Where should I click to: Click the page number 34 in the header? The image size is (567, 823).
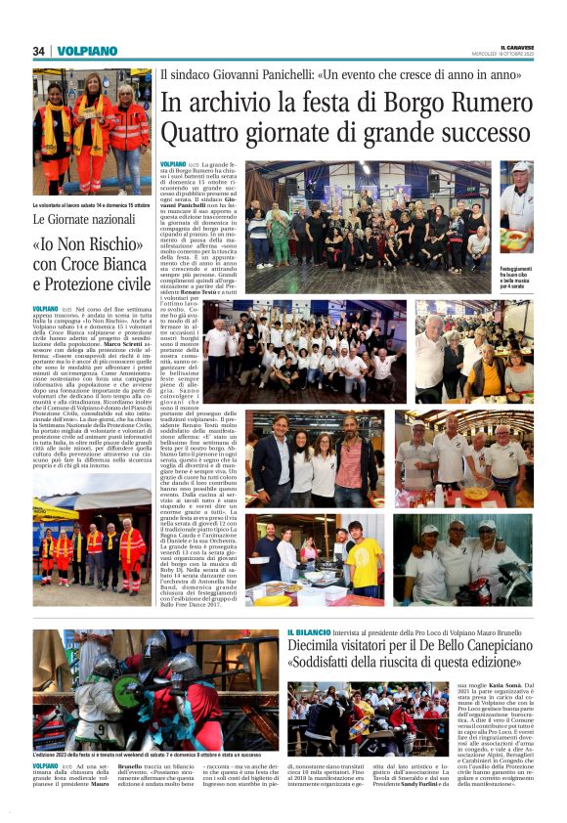pos(39,51)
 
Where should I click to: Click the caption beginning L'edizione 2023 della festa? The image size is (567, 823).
pos(117,756)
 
